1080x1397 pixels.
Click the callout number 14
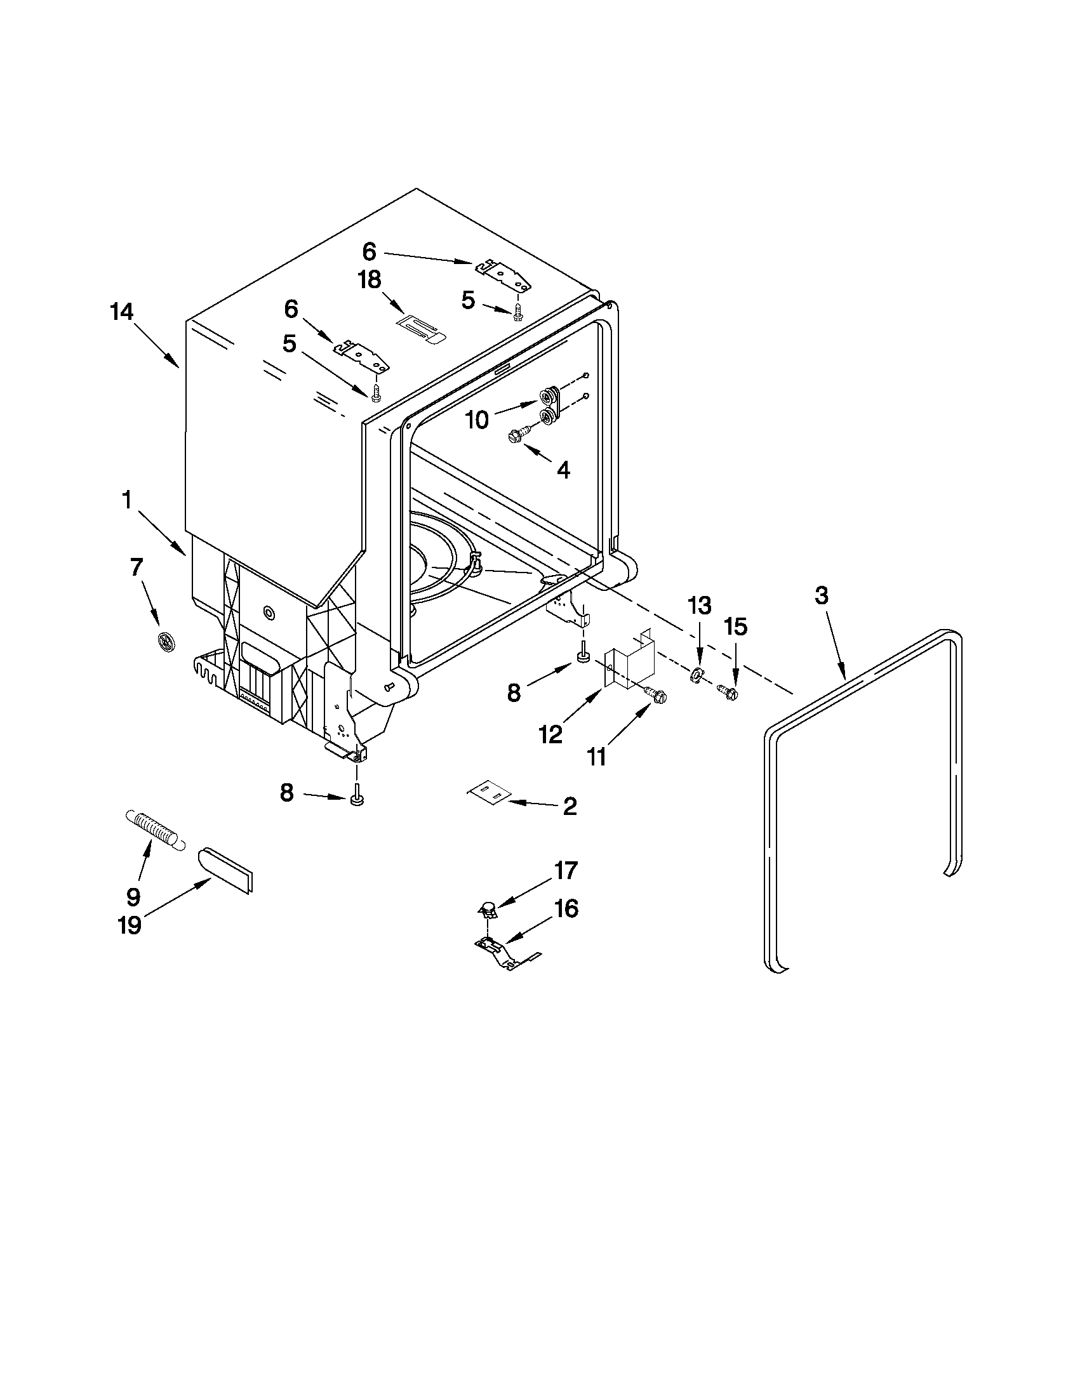121,312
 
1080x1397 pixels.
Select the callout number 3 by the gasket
822,595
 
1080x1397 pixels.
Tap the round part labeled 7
166,639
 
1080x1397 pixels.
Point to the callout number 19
130,925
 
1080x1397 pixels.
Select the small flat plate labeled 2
489,793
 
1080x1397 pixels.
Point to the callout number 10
477,420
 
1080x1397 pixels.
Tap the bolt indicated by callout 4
517,435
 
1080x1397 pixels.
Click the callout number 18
370,280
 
